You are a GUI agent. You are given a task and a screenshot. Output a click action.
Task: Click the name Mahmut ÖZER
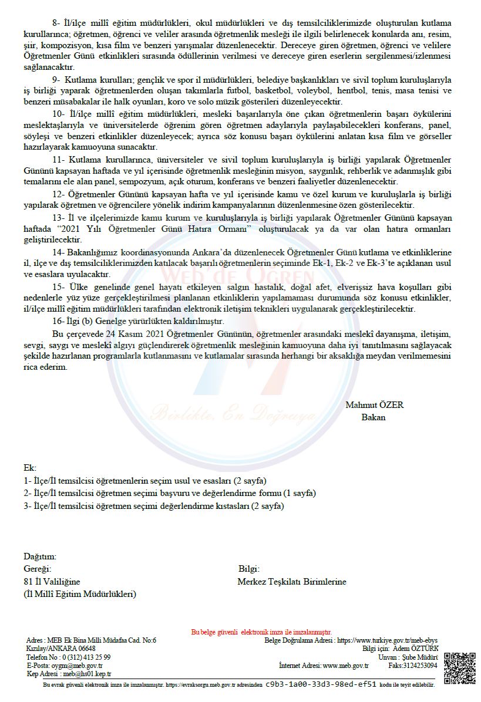pyautogui.click(x=374, y=405)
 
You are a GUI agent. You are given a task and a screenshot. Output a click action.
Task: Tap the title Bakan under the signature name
pyautogui.click(x=374, y=417)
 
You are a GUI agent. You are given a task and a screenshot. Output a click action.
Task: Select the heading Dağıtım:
pyautogui.click(x=40, y=556)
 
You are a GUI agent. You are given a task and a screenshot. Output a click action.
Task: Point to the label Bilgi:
pyautogui.click(x=249, y=569)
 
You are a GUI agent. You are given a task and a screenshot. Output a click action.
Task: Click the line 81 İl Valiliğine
pyautogui.click(x=52, y=582)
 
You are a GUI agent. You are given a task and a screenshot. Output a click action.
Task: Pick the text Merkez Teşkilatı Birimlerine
pyautogui.click(x=292, y=582)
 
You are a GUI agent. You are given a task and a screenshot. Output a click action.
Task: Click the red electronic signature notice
pyautogui.click(x=261, y=632)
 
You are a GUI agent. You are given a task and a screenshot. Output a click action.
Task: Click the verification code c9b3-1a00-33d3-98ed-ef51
pyautogui.click(x=321, y=684)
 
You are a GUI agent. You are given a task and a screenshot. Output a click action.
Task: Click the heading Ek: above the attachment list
pyautogui.click(x=30, y=468)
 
